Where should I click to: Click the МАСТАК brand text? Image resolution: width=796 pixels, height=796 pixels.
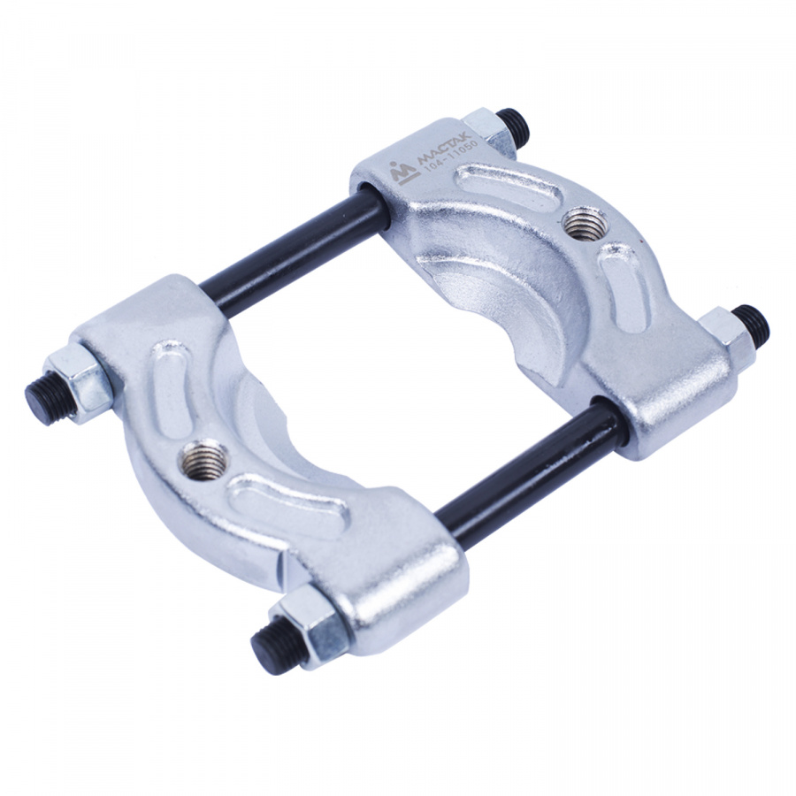(x=445, y=149)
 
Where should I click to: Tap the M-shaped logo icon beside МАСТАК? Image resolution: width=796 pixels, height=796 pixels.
(x=404, y=174)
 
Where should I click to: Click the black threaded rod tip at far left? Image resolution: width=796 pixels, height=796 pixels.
(x=47, y=397)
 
